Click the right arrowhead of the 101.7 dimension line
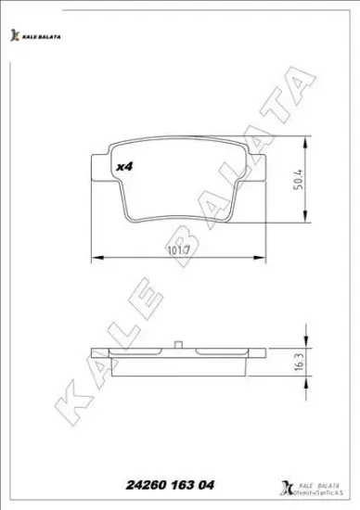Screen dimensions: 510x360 (264, 258)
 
